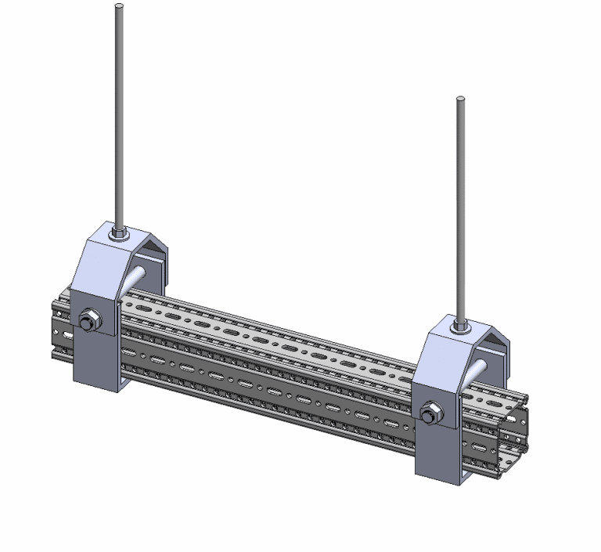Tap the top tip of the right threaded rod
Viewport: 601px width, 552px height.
[x=461, y=99]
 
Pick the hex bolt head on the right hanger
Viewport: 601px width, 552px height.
[x=429, y=413]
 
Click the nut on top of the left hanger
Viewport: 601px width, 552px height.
[x=120, y=233]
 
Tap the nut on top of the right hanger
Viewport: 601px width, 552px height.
[x=462, y=324]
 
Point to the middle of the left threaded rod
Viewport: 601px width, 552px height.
[x=119, y=117]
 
